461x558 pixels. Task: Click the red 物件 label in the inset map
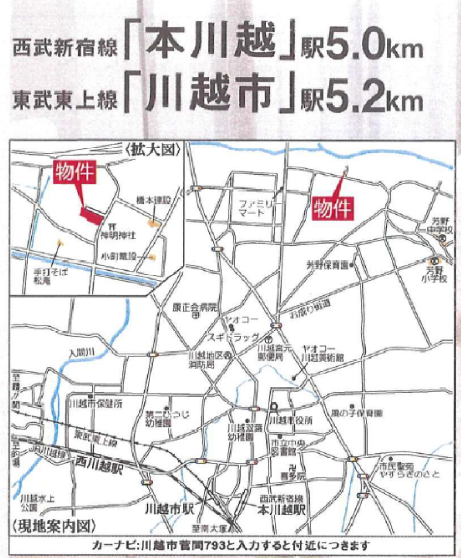(x=75, y=172)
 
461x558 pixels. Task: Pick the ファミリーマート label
(x=260, y=209)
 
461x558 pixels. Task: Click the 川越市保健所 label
(x=96, y=404)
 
